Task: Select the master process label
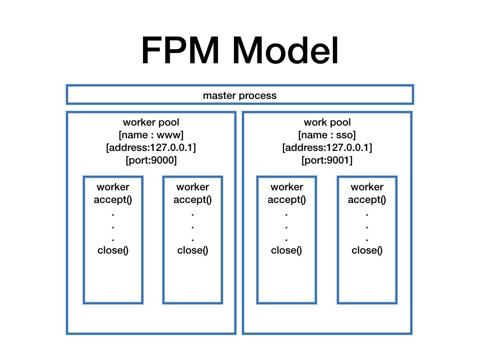(240, 96)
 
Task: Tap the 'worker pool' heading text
(151, 122)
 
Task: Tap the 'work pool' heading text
(327, 122)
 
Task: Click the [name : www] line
(151, 135)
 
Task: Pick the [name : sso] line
(327, 135)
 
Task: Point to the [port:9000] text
(151, 160)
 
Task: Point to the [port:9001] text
(327, 160)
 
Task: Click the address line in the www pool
(151, 148)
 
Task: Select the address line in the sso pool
(327, 148)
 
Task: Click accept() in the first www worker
(113, 200)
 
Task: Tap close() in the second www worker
(193, 250)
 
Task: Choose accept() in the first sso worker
(286, 200)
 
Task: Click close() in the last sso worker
(367, 250)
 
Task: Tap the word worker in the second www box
(193, 187)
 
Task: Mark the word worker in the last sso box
(367, 187)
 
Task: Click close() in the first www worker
(113, 250)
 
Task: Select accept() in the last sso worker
(367, 200)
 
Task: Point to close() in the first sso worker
(286, 250)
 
